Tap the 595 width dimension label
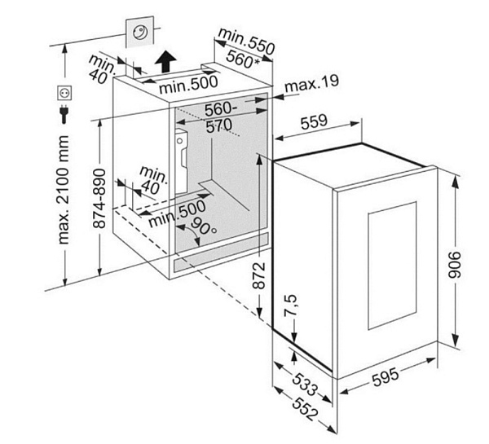click(385, 376)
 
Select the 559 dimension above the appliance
click(314, 121)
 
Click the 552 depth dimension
click(305, 409)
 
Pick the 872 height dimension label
click(259, 275)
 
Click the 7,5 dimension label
click(290, 306)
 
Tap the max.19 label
click(311, 83)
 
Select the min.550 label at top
click(247, 42)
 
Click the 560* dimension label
click(243, 59)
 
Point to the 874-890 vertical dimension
click(99, 198)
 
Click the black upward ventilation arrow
click(165, 61)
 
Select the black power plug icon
click(64, 114)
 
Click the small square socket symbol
click(65, 93)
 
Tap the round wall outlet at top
click(139, 32)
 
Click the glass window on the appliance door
click(392, 266)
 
